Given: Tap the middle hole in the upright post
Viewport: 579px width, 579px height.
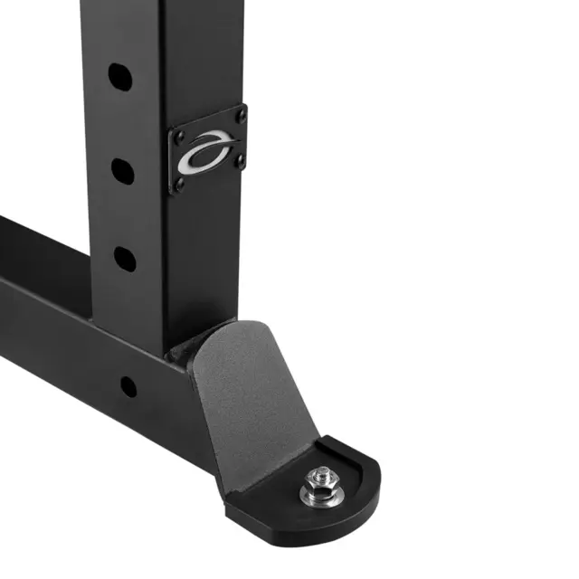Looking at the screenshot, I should (x=123, y=169).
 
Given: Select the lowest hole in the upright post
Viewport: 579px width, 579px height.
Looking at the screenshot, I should (x=125, y=260).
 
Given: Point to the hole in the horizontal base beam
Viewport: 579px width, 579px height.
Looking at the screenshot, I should (x=128, y=386).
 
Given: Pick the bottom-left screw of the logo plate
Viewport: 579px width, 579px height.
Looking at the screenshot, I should (x=180, y=187).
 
